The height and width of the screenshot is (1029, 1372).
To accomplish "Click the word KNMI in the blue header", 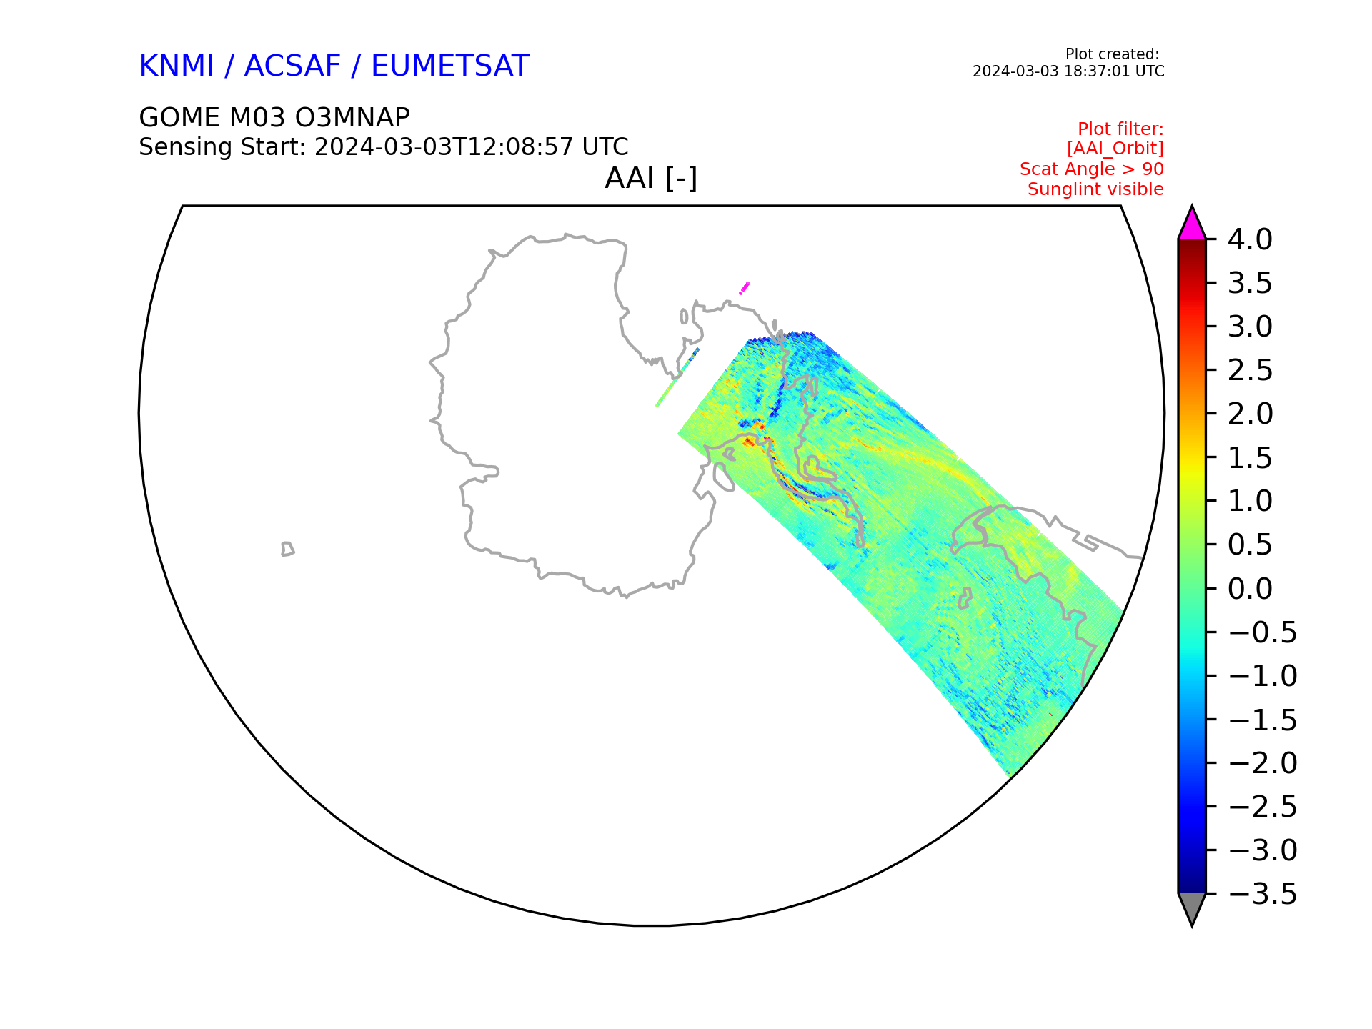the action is (177, 66).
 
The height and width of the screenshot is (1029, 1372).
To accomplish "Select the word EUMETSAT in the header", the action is (450, 66).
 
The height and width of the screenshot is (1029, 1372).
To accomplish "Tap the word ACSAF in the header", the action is (292, 66).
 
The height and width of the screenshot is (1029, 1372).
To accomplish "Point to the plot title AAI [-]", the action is (651, 178).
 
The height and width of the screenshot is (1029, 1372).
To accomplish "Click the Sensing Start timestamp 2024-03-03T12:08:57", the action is (444, 146).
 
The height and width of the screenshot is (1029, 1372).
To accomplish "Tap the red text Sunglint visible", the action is (1095, 189).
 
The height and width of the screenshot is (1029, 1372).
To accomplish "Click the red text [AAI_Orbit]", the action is (1115, 149).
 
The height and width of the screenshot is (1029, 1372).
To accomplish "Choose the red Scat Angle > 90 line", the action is (1091, 169).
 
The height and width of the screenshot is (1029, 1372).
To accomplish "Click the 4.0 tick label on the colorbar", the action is (1250, 239).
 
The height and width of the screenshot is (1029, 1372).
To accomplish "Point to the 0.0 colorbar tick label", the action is (1250, 589).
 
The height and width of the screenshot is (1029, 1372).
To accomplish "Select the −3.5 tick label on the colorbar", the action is (1262, 894).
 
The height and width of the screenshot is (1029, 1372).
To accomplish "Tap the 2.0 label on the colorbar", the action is (1250, 414).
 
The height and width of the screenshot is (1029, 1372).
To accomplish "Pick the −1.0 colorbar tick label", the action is (1262, 676).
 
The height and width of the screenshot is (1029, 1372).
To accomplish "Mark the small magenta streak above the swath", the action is (745, 288).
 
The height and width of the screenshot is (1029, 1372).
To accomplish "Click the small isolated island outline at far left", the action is (287, 549).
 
